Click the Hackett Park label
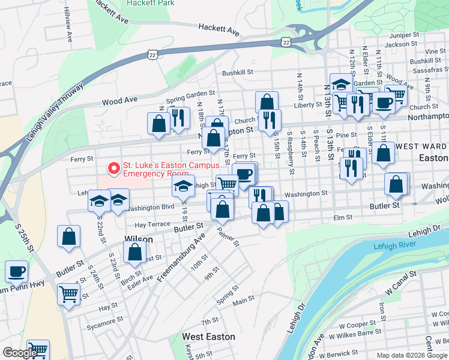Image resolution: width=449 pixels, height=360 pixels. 151,3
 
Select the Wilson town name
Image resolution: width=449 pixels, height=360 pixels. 138,239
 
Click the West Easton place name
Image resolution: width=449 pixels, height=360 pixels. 208,337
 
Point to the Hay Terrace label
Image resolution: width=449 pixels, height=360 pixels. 152,224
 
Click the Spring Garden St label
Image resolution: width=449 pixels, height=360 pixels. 190,96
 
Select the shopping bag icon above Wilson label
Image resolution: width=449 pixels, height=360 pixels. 69,236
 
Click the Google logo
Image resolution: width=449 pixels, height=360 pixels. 20,353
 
